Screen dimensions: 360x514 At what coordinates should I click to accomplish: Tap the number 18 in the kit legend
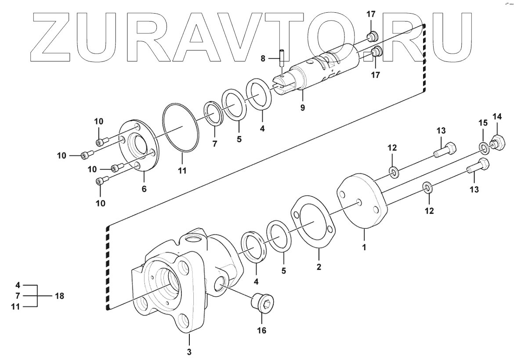(x=59, y=296)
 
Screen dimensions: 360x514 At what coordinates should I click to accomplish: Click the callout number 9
(x=302, y=107)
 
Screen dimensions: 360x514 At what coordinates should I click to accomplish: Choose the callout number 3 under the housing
(x=189, y=351)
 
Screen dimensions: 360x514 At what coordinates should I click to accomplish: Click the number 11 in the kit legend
(x=15, y=306)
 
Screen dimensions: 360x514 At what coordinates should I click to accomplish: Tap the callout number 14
(x=497, y=117)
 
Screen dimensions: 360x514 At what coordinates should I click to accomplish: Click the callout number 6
(x=144, y=189)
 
